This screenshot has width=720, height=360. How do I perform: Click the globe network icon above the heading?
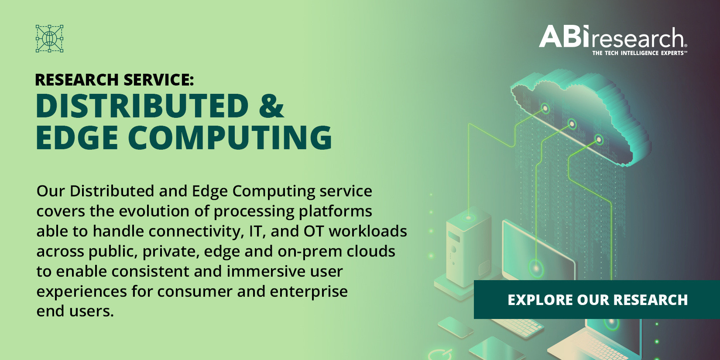click(49, 38)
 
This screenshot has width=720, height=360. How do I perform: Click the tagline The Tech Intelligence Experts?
click(640, 53)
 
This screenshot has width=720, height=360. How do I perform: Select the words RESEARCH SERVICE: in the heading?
click(114, 80)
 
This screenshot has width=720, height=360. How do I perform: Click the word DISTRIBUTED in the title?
click(142, 106)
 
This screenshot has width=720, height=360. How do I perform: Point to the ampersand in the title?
click(271, 106)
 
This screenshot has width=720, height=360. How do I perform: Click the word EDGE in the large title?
click(77, 137)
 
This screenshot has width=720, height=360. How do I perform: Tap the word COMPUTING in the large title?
click(230, 137)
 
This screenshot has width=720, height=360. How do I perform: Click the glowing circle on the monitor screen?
click(536, 268)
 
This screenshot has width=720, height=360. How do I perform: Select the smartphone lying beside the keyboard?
click(455, 327)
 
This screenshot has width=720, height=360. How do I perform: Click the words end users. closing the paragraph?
click(75, 311)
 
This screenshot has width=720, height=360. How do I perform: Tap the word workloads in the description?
click(368, 231)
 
